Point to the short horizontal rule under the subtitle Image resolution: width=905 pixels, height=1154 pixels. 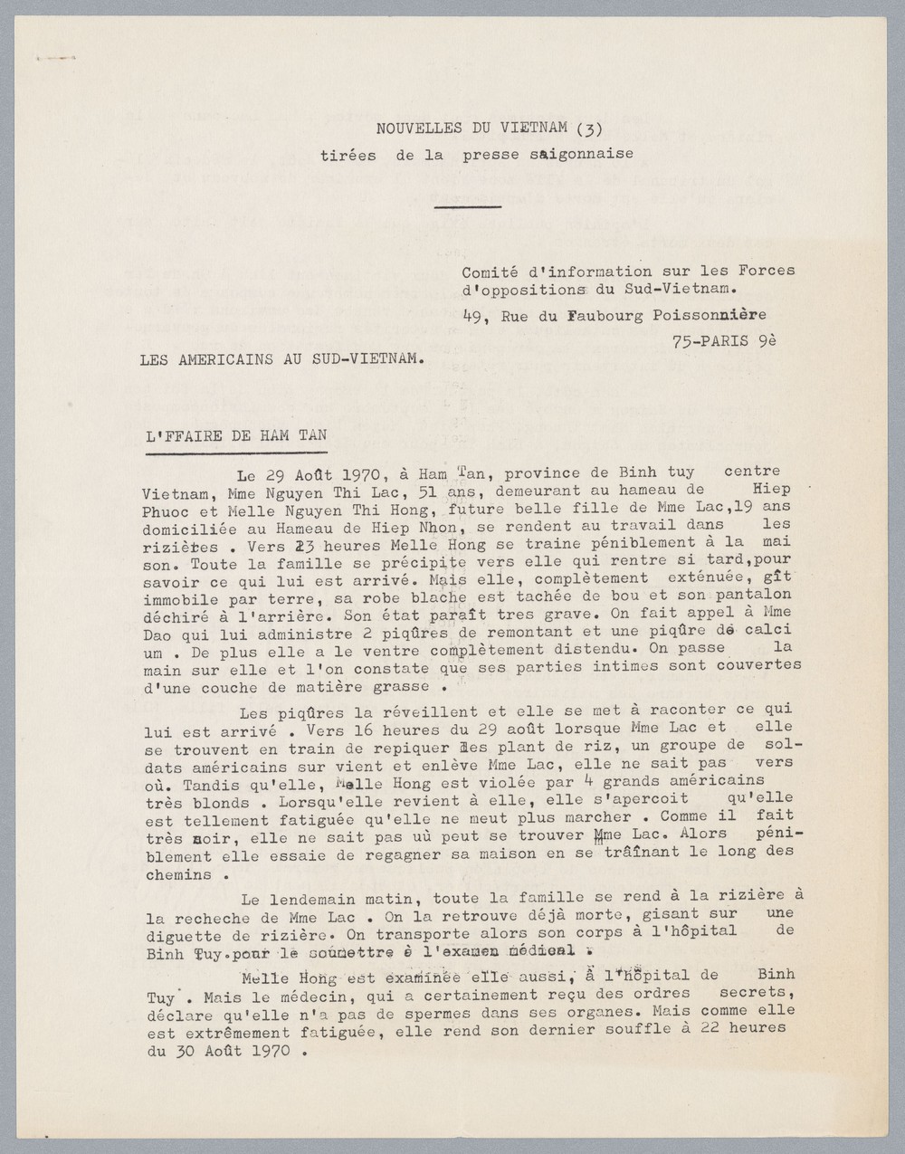click(467, 207)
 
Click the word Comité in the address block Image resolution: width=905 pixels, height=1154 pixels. click(486, 271)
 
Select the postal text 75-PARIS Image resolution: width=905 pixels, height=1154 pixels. click(710, 342)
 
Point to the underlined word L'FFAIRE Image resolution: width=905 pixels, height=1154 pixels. click(179, 435)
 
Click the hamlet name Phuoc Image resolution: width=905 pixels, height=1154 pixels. click(164, 510)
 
